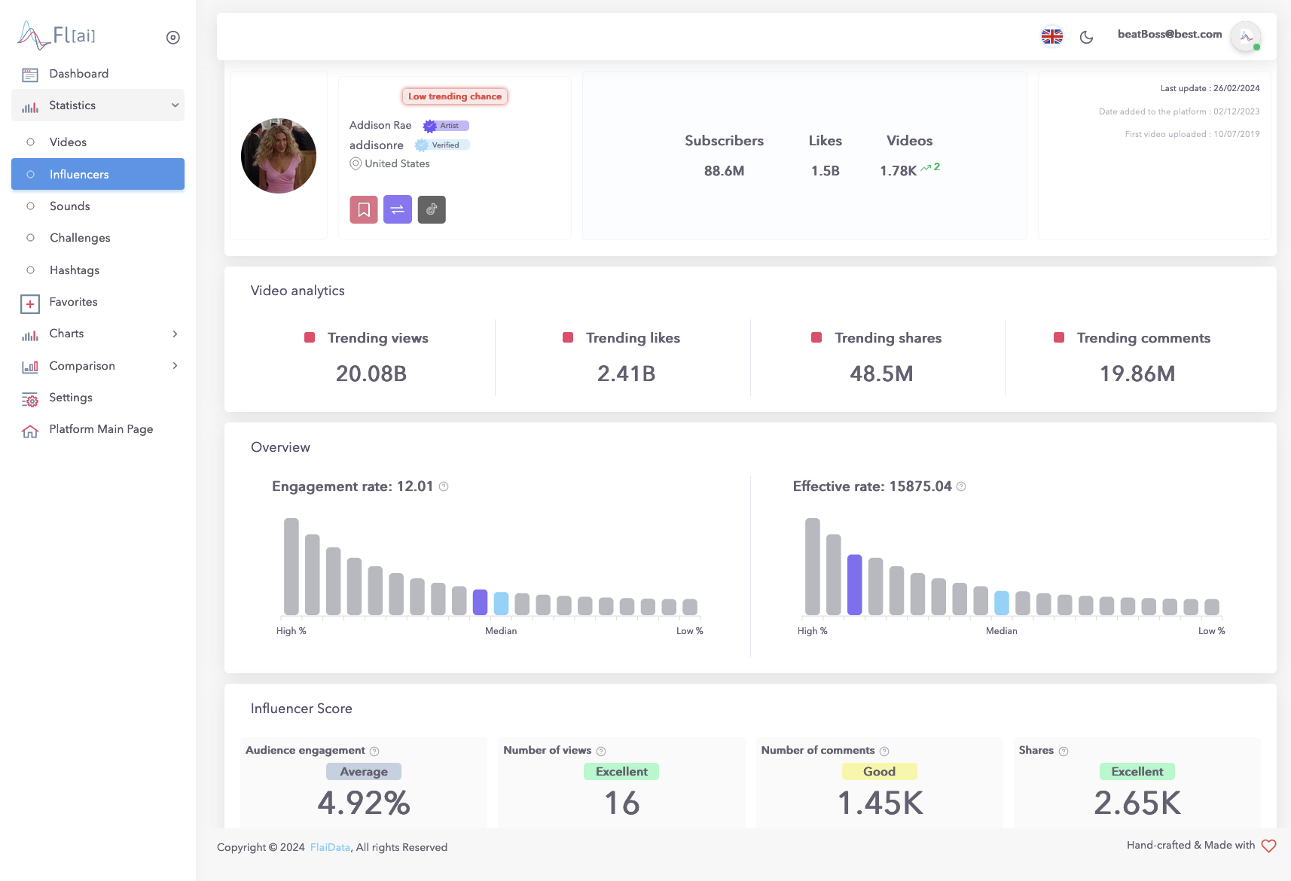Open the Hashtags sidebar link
pos(74,270)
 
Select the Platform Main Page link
pos(101,429)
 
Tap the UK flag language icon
pos(1051,36)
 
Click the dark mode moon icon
pos(1086,37)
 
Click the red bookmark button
pos(364,209)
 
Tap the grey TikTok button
pos(432,209)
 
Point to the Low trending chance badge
pos(455,96)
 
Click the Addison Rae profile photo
pos(279,156)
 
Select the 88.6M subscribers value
pos(724,171)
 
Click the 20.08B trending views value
pos(371,373)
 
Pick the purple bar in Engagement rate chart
pos(480,602)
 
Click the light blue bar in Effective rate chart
pos(1002,602)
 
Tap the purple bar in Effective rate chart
pos(854,584)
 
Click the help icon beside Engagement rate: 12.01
pos(444,486)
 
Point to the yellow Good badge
pos(879,771)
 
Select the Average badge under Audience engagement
pos(364,771)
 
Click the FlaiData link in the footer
pos(330,847)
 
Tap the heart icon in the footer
pos(1268,846)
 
